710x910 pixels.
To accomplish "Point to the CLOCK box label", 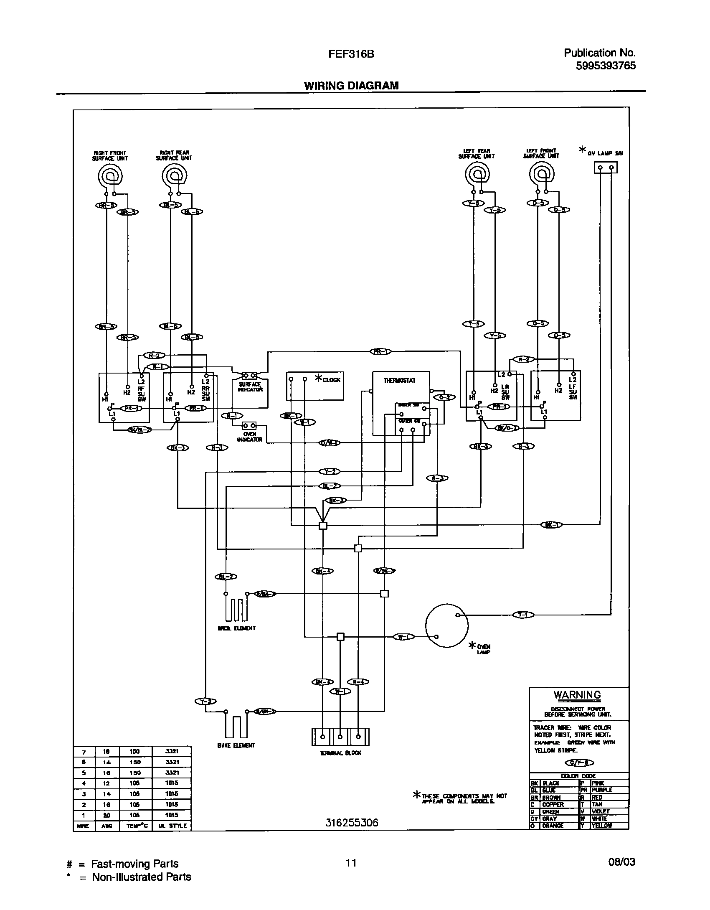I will click(x=332, y=379).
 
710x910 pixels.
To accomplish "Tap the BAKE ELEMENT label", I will click(x=236, y=745).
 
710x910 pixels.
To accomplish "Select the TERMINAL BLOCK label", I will click(x=340, y=752).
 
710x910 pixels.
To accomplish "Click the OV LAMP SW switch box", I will click(x=605, y=168).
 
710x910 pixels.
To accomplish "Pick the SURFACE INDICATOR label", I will click(x=250, y=387).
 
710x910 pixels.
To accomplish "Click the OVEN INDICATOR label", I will click(x=249, y=437).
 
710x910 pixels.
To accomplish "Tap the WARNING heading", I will click(x=577, y=695).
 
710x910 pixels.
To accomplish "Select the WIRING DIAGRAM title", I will click(x=351, y=86).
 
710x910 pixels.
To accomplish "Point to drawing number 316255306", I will click(x=352, y=823).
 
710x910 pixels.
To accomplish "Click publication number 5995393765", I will click(x=606, y=66).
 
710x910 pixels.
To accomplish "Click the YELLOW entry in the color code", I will click(x=601, y=826).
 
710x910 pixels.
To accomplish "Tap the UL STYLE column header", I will click(x=172, y=826).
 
